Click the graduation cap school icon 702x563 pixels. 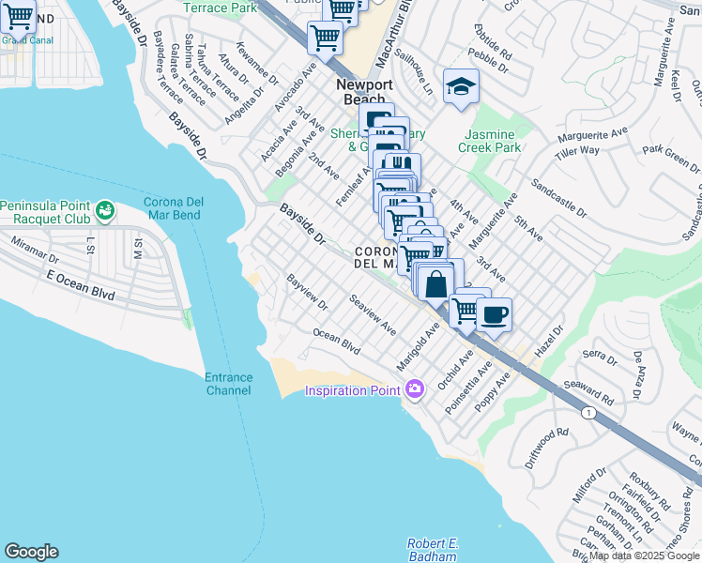click(461, 88)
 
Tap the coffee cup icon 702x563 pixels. click(494, 313)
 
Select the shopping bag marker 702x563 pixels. click(436, 282)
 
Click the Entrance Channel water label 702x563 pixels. click(228, 384)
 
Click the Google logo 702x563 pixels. click(31, 552)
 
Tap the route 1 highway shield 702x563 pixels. click(588, 413)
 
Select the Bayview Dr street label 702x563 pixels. click(308, 292)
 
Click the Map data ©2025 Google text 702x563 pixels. click(644, 555)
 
